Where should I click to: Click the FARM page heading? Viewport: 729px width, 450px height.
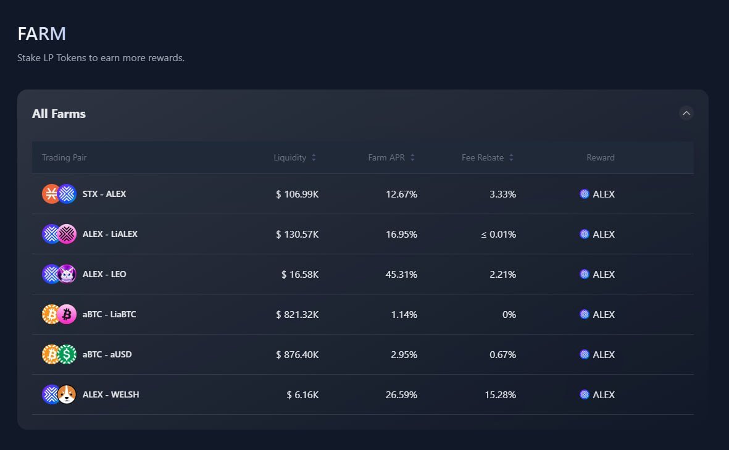[41, 34]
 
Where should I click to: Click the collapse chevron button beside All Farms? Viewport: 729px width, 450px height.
[686, 113]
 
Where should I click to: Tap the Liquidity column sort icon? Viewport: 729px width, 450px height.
[314, 157]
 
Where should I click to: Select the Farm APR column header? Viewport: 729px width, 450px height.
[386, 157]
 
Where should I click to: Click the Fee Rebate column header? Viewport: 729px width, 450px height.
[483, 157]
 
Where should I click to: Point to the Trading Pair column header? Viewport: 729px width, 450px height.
[64, 157]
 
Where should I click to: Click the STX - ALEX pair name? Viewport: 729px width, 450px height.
[104, 194]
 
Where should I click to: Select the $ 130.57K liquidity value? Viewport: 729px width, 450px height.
[298, 234]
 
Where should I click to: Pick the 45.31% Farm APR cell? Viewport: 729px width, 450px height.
[401, 274]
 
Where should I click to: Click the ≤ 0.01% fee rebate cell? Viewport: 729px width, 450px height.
[499, 234]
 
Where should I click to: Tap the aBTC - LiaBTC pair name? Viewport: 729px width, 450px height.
[109, 314]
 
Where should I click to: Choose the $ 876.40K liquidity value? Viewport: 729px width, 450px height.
[298, 354]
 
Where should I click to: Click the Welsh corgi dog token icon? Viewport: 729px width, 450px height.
[67, 394]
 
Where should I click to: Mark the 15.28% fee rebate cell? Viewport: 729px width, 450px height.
[500, 394]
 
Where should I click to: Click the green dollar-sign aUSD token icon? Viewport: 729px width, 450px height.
[67, 354]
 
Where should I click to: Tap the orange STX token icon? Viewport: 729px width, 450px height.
[51, 194]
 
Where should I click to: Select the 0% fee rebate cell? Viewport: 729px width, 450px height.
[509, 314]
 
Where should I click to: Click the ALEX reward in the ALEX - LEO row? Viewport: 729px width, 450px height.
[598, 274]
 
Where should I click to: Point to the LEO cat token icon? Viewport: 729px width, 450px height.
[67, 274]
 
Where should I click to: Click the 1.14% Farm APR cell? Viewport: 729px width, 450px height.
[404, 314]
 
